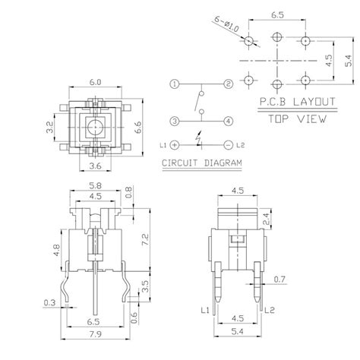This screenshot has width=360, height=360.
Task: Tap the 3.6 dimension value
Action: tap(96, 166)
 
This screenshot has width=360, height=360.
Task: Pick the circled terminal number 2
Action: tap(228, 83)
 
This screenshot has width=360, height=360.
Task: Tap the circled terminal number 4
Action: tap(228, 120)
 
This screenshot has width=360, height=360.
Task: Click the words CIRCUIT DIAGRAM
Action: tap(201, 163)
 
